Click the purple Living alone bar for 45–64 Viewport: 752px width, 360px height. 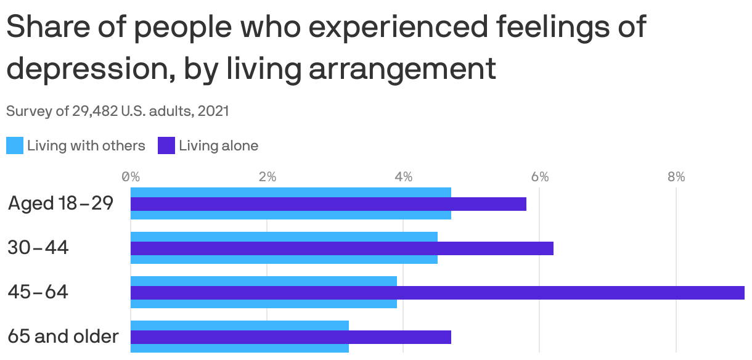point(438,293)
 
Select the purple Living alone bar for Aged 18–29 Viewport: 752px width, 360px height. point(329,204)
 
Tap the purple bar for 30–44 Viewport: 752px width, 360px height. point(342,248)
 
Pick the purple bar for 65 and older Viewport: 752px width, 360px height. point(291,337)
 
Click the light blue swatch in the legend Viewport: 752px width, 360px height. point(15,146)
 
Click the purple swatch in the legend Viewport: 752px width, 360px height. point(166,146)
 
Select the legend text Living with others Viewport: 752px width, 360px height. point(86,146)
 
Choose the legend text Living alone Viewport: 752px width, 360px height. point(219,146)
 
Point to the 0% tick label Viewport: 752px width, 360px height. point(131,177)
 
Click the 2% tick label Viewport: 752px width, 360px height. point(267,177)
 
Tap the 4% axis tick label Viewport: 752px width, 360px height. point(403,177)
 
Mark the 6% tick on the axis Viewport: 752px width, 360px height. point(540,177)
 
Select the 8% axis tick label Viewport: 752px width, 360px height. point(676,177)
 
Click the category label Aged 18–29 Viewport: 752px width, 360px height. point(61,203)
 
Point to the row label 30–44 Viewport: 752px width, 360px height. point(38,248)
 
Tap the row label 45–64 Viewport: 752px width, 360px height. point(38,292)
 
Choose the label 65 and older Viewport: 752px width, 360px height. point(63,337)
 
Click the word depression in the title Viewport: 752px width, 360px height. point(82,70)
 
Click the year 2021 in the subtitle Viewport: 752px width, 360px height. point(214,112)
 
